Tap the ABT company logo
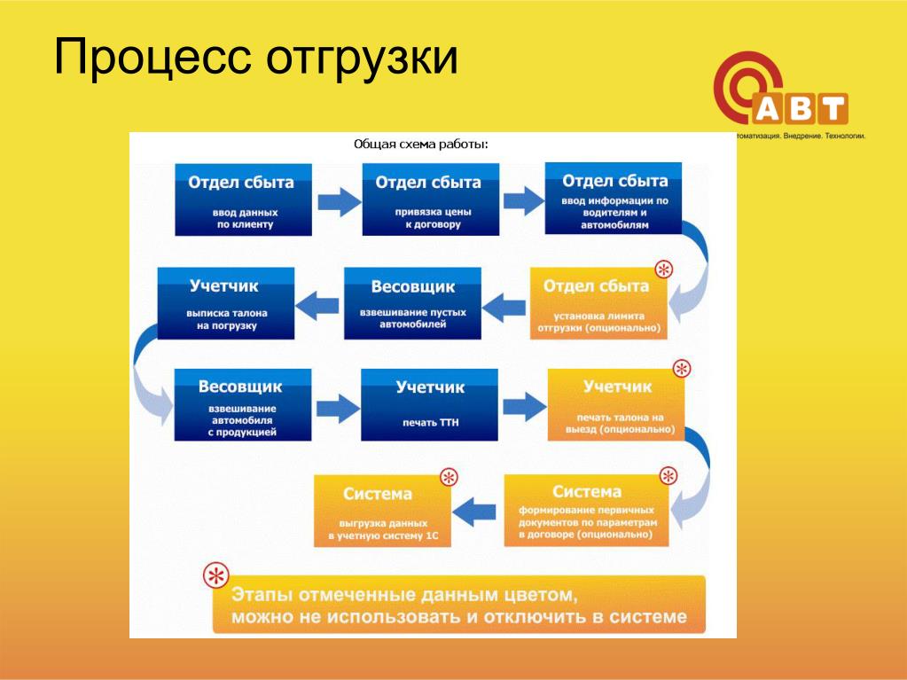[x=780, y=93]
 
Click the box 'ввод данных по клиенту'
[x=244, y=199]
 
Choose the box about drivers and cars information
[x=613, y=198]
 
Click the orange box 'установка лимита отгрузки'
[x=598, y=304]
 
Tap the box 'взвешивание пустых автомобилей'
[x=412, y=303]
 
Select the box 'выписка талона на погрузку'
[x=225, y=303]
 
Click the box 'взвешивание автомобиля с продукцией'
[x=243, y=404]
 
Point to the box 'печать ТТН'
[x=429, y=404]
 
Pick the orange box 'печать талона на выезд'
[x=616, y=404]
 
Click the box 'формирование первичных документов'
[x=586, y=512]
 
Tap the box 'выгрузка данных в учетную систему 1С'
[x=382, y=512]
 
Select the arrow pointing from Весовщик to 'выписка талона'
[x=320, y=305]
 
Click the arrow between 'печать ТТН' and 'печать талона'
[x=524, y=406]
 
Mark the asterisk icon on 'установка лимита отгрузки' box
[x=662, y=269]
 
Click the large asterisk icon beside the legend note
[x=215, y=576]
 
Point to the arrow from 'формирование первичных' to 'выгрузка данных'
[x=475, y=511]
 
